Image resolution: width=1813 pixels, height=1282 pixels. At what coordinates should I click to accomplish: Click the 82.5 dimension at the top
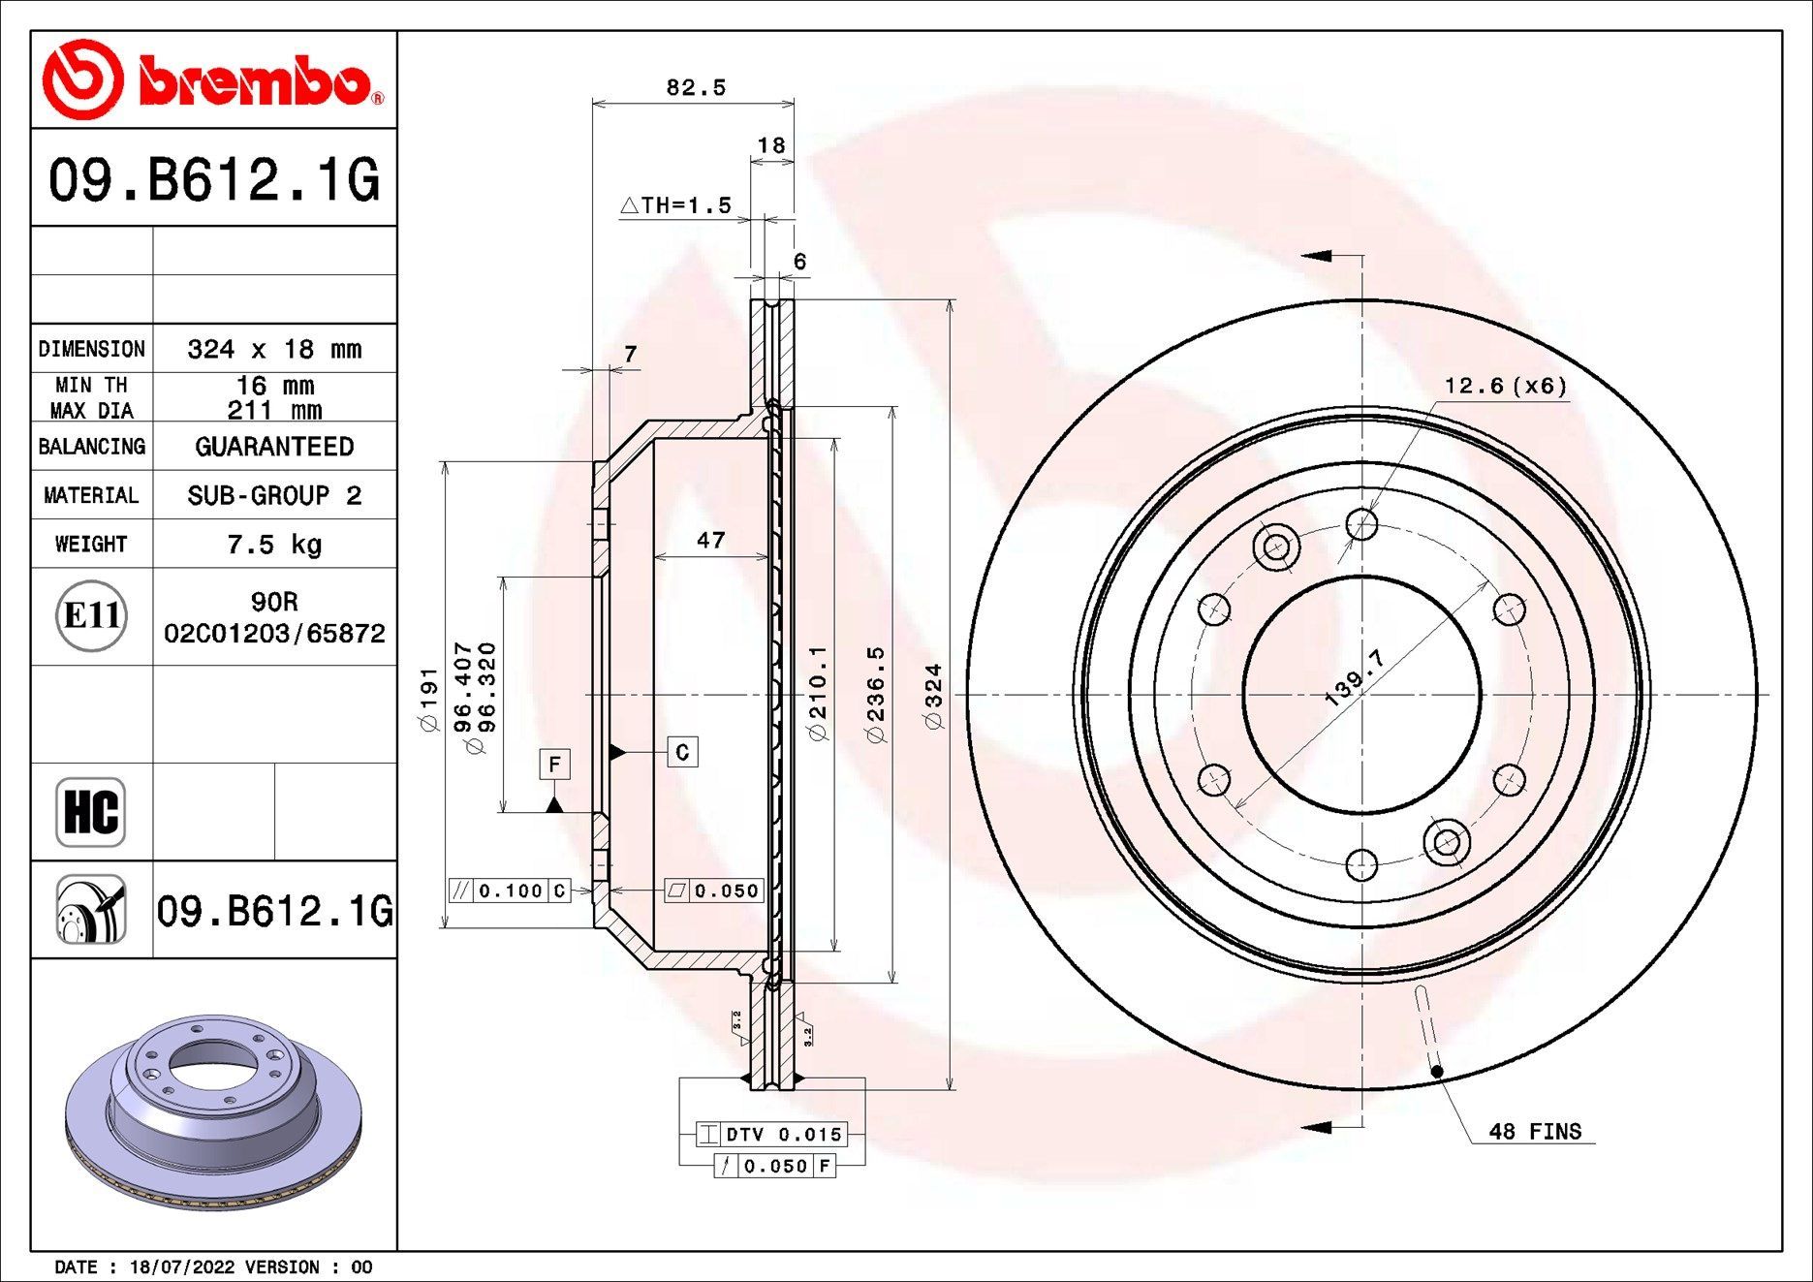click(695, 88)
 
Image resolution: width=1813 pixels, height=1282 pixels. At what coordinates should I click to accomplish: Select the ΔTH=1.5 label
click(675, 205)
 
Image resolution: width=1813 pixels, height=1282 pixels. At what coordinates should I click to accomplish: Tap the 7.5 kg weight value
click(274, 545)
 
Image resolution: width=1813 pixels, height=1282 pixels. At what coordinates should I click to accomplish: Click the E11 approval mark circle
click(91, 615)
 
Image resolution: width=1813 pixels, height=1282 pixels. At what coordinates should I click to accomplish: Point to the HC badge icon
click(91, 812)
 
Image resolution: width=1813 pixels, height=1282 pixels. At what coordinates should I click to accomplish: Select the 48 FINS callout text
click(1534, 1132)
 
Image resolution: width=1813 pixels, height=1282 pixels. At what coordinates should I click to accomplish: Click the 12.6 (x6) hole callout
click(1505, 387)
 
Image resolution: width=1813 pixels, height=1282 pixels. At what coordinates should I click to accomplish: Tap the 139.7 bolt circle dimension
click(1354, 677)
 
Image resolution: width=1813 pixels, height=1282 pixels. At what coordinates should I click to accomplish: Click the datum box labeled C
click(682, 752)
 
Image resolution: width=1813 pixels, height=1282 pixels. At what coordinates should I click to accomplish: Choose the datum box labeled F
click(554, 765)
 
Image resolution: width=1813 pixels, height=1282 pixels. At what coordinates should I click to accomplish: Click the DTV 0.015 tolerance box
click(771, 1135)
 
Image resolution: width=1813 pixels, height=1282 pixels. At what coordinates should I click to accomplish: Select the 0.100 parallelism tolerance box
click(510, 891)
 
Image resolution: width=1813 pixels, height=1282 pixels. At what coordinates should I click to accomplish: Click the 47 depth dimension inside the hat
click(710, 541)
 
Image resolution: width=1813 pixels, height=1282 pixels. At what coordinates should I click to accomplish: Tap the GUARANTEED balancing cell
click(274, 447)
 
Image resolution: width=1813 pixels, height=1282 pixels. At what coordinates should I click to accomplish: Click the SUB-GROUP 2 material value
click(274, 496)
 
